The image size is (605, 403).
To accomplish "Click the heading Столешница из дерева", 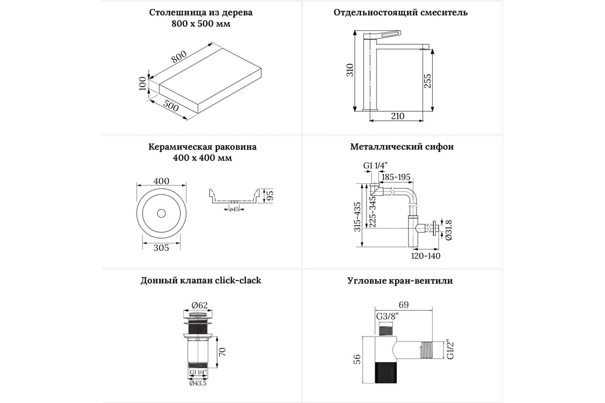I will tap(201, 13).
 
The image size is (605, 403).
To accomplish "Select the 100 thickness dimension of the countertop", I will tap(143, 84).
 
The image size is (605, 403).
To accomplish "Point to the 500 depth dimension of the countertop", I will tap(171, 107).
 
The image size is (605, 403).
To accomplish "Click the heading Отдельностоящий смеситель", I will tap(400, 13).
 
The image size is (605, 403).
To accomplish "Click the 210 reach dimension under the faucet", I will tap(397, 116).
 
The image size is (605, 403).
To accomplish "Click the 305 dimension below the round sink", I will tap(161, 247).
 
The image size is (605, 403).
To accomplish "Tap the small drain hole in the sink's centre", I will tap(161, 214).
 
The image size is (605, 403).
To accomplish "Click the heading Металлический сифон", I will tap(402, 147).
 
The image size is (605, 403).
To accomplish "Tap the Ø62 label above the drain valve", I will tap(200, 304).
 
